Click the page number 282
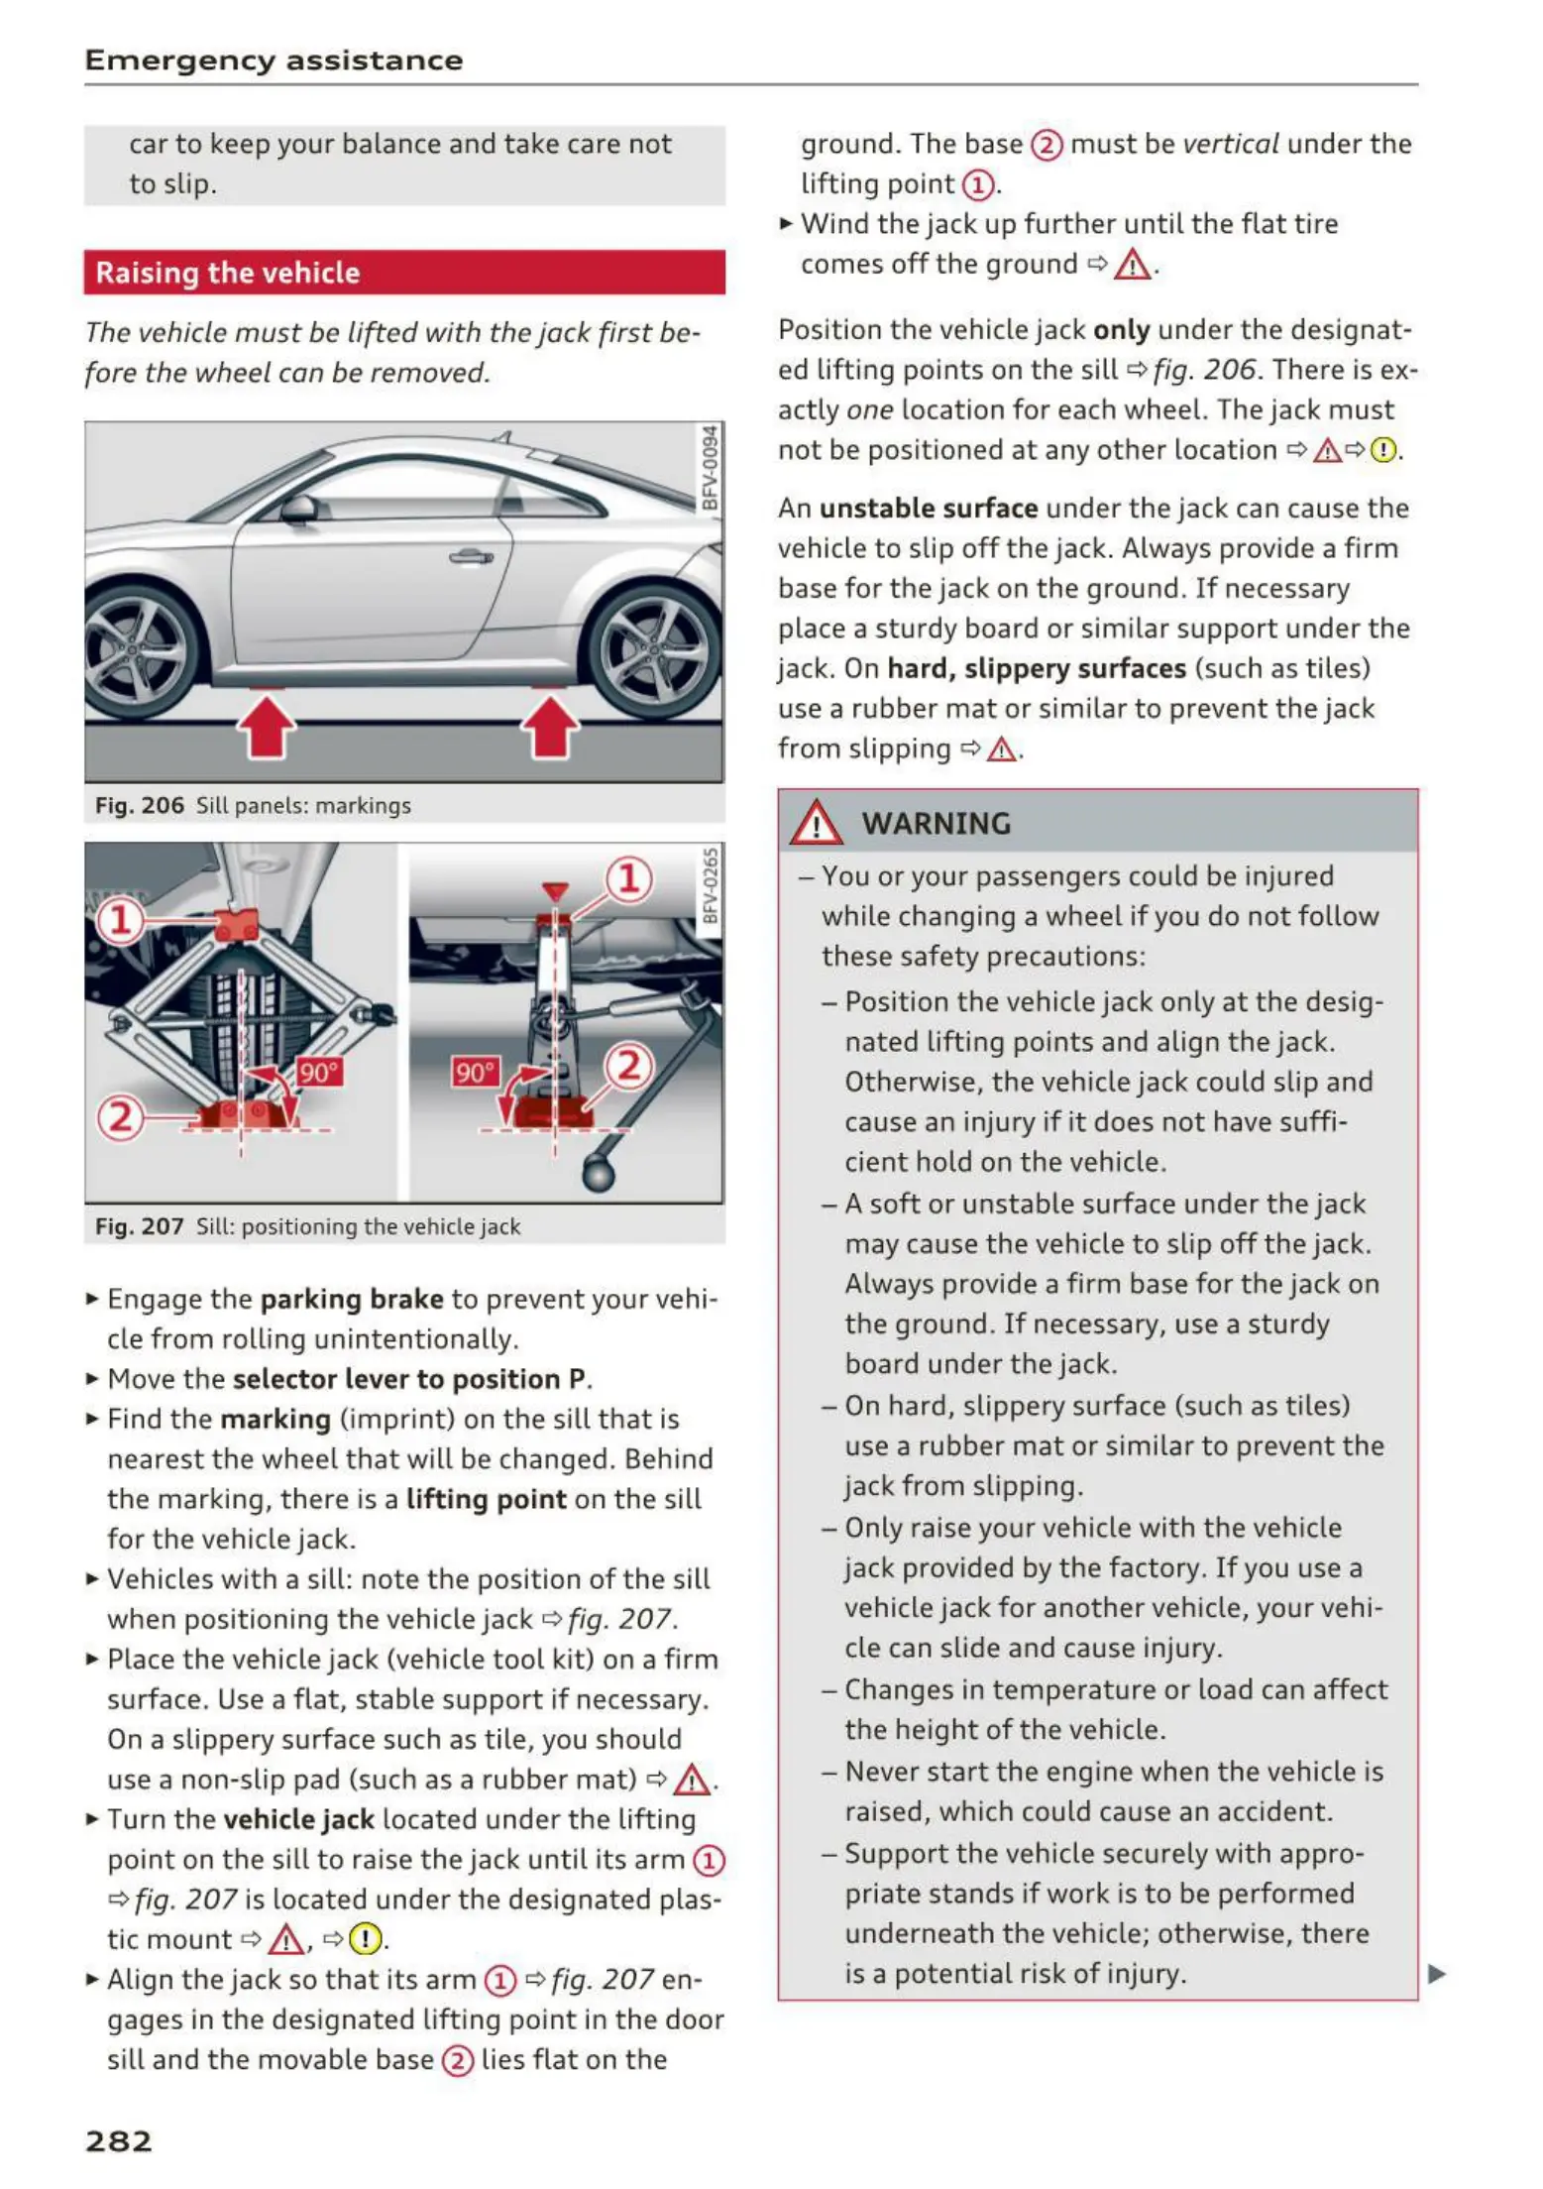pos(119,2140)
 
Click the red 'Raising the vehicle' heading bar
pos(404,273)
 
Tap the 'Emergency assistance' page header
pos(274,60)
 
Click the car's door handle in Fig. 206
pos(471,556)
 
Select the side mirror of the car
pos(299,510)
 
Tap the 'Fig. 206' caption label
pos(140,805)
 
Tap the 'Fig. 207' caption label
pos(140,1226)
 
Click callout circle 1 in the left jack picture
pos(119,920)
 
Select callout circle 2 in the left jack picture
pos(119,1117)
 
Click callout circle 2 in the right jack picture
pos(629,1066)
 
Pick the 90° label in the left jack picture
pos(319,1072)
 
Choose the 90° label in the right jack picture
pos(476,1072)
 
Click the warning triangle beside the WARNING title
pos(816,823)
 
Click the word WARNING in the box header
pos(936,823)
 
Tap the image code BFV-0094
pos(710,467)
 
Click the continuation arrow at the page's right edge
pos(1436,1973)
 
